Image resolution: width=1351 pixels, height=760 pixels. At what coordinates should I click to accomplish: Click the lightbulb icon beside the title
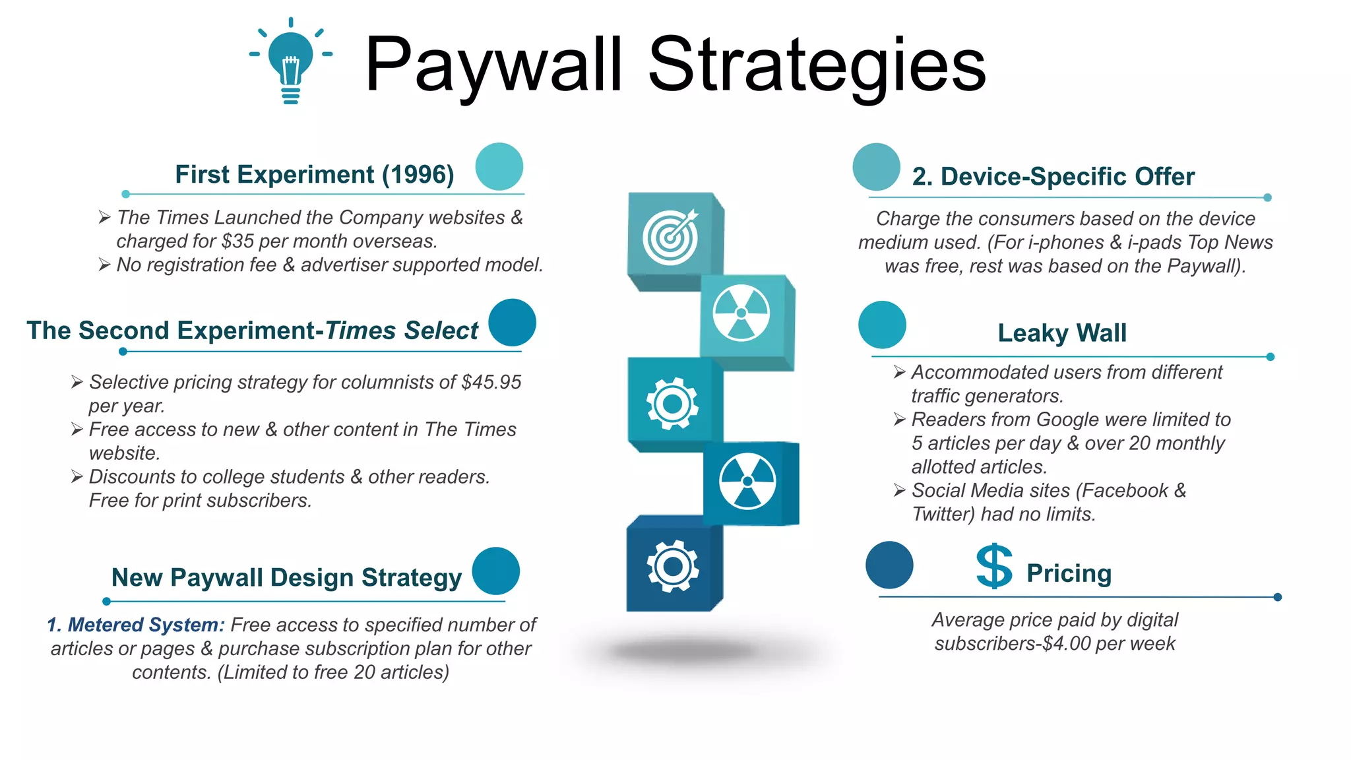coord(291,62)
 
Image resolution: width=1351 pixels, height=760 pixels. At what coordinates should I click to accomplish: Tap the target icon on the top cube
coord(670,237)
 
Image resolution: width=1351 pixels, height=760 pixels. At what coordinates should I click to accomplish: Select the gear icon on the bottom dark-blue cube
coord(672,566)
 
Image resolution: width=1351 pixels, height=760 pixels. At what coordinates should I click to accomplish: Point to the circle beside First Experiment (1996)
coord(499,167)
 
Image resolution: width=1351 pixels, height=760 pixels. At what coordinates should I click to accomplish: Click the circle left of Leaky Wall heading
coord(882,325)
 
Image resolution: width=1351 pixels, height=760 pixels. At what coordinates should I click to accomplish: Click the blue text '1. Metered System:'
coord(136,625)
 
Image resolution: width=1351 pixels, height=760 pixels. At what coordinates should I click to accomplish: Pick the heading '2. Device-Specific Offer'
coord(1053,177)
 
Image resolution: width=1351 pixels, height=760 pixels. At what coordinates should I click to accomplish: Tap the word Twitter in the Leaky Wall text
coord(943,514)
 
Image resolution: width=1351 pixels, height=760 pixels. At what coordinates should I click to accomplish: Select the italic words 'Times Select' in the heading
coord(402,331)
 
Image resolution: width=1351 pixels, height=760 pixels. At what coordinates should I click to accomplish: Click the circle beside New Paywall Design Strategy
coord(496,571)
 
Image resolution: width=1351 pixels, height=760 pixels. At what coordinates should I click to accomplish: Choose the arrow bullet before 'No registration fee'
coord(104,265)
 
